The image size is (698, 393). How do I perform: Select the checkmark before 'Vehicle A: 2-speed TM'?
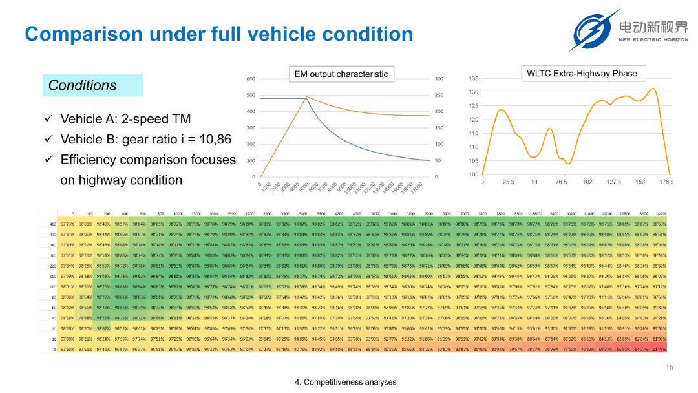48,119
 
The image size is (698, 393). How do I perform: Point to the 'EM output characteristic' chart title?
341,74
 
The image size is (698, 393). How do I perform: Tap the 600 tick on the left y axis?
251,79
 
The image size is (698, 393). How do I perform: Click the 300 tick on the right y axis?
439,79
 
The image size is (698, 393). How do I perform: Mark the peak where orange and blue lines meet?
306,97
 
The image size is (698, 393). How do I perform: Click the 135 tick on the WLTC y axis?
474,79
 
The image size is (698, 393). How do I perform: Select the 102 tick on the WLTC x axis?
587,182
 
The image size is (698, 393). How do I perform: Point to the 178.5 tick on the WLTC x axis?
666,182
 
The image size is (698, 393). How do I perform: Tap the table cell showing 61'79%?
659,350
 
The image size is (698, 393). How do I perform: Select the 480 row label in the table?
53,224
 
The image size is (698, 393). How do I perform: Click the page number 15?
670,368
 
